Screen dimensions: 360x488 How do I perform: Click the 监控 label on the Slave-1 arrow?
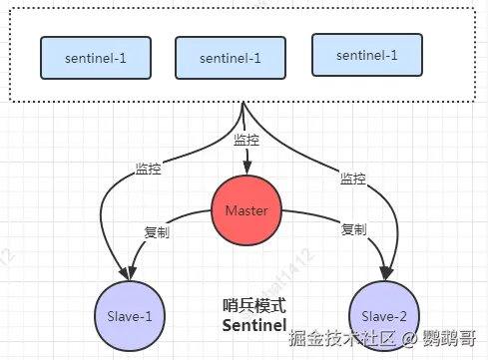click(x=149, y=170)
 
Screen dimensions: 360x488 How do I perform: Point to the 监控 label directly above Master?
click(x=246, y=141)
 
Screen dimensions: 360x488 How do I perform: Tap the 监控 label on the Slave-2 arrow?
click(x=352, y=178)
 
